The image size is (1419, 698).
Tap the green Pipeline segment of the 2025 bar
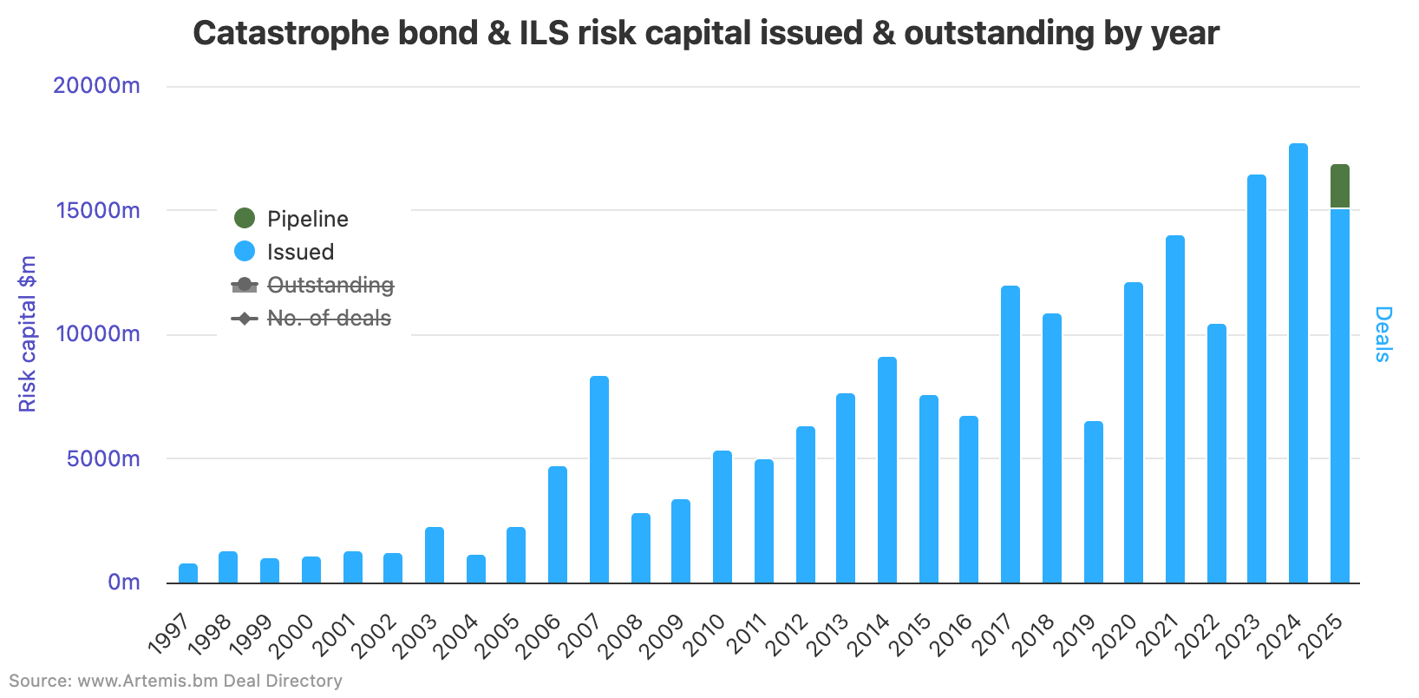[x=1340, y=186]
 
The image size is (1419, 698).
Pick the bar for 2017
[x=1010, y=434]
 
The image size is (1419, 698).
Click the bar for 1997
[x=188, y=573]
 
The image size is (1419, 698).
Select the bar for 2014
[x=887, y=470]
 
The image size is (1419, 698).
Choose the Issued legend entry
[x=284, y=252]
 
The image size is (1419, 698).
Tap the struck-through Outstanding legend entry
[x=313, y=285]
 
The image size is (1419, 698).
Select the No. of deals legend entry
[x=311, y=319]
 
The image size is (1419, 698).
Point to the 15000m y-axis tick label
[x=98, y=211]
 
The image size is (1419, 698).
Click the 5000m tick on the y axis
[x=103, y=458]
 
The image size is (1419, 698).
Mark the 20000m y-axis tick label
[x=96, y=86]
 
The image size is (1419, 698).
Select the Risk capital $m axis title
[x=28, y=334]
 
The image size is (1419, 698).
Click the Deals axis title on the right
[x=1383, y=334]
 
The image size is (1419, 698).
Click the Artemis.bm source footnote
[x=175, y=681]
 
